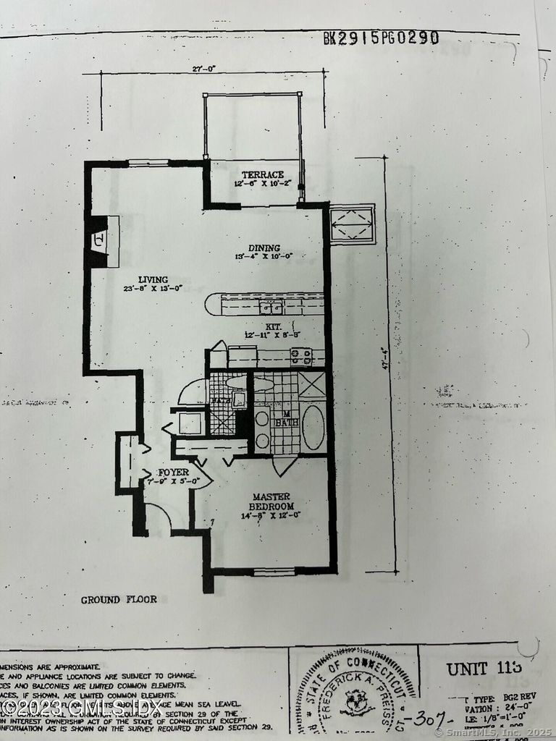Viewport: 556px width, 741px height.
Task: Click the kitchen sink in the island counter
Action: [x=271, y=308]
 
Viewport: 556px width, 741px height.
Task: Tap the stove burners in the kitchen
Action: [x=300, y=356]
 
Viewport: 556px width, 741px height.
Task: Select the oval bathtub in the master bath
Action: [x=313, y=427]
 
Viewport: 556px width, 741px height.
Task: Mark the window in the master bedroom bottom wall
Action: [x=274, y=572]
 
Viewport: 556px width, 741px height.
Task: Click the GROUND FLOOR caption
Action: [x=118, y=599]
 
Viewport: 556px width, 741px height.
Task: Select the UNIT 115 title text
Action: [x=484, y=668]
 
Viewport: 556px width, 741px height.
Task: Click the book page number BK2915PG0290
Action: [x=381, y=38]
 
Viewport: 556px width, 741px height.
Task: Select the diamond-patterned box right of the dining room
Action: [x=352, y=224]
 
